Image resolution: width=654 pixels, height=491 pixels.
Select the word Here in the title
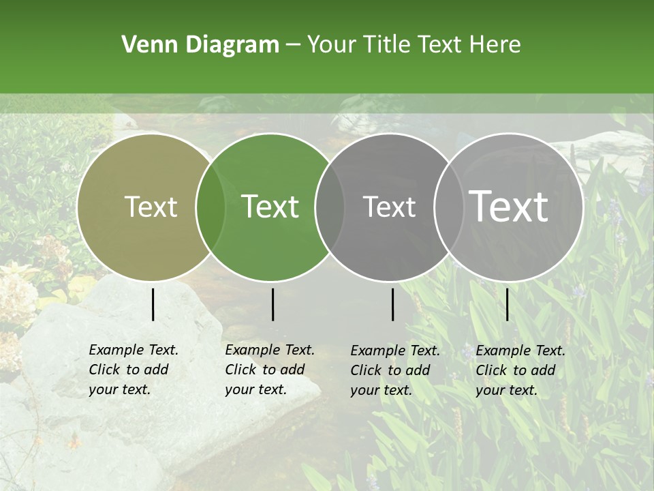[x=497, y=45]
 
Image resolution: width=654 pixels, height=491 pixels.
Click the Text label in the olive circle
[x=151, y=207]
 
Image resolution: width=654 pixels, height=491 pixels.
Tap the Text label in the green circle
[x=270, y=207]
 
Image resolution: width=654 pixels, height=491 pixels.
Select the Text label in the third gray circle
[x=389, y=207]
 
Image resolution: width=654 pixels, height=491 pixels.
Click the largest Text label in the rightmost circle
[x=509, y=207]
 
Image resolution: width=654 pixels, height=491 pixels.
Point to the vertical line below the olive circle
[x=153, y=304]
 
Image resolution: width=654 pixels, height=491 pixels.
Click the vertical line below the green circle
[x=272, y=304]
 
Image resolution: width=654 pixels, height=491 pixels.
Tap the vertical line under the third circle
[x=392, y=304]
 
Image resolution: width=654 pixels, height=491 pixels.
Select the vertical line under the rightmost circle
[x=507, y=304]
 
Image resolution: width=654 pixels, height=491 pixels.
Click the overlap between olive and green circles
[x=211, y=207]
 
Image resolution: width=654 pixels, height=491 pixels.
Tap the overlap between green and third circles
[x=330, y=207]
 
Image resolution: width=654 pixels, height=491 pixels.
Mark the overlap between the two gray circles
[x=449, y=207]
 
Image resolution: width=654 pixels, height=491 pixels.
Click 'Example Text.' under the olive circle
[x=134, y=350]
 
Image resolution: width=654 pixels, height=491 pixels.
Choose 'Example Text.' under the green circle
[x=270, y=350]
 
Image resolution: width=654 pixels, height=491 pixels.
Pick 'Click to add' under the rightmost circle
[x=516, y=370]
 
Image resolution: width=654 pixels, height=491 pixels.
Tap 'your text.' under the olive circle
[x=119, y=390]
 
